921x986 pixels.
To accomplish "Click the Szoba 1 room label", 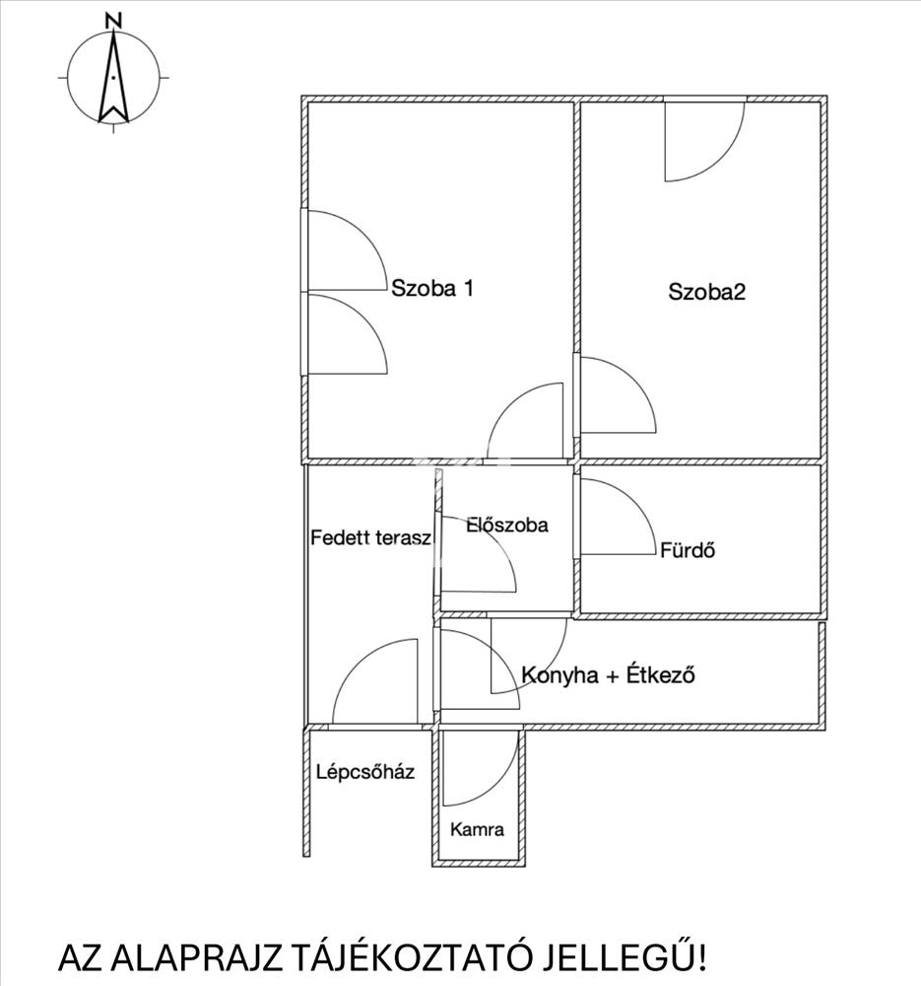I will click(x=433, y=289).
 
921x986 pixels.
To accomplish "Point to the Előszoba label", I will click(x=506, y=526).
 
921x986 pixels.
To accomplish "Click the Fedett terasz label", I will click(x=370, y=538).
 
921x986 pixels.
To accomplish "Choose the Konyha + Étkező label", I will click(x=609, y=676).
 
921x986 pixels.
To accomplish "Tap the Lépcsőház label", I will click(x=364, y=772).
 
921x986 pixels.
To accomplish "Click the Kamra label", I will click(x=477, y=829).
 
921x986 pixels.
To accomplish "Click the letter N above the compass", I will click(x=113, y=20).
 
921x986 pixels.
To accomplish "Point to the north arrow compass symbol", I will click(x=114, y=77).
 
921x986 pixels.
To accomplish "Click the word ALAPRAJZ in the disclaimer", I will click(x=194, y=957).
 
